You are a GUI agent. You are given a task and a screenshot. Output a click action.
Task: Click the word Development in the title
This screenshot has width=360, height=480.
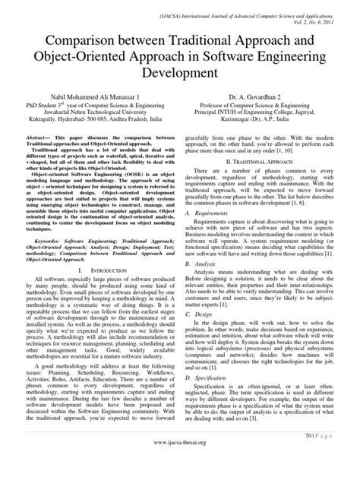pos(179,74)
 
